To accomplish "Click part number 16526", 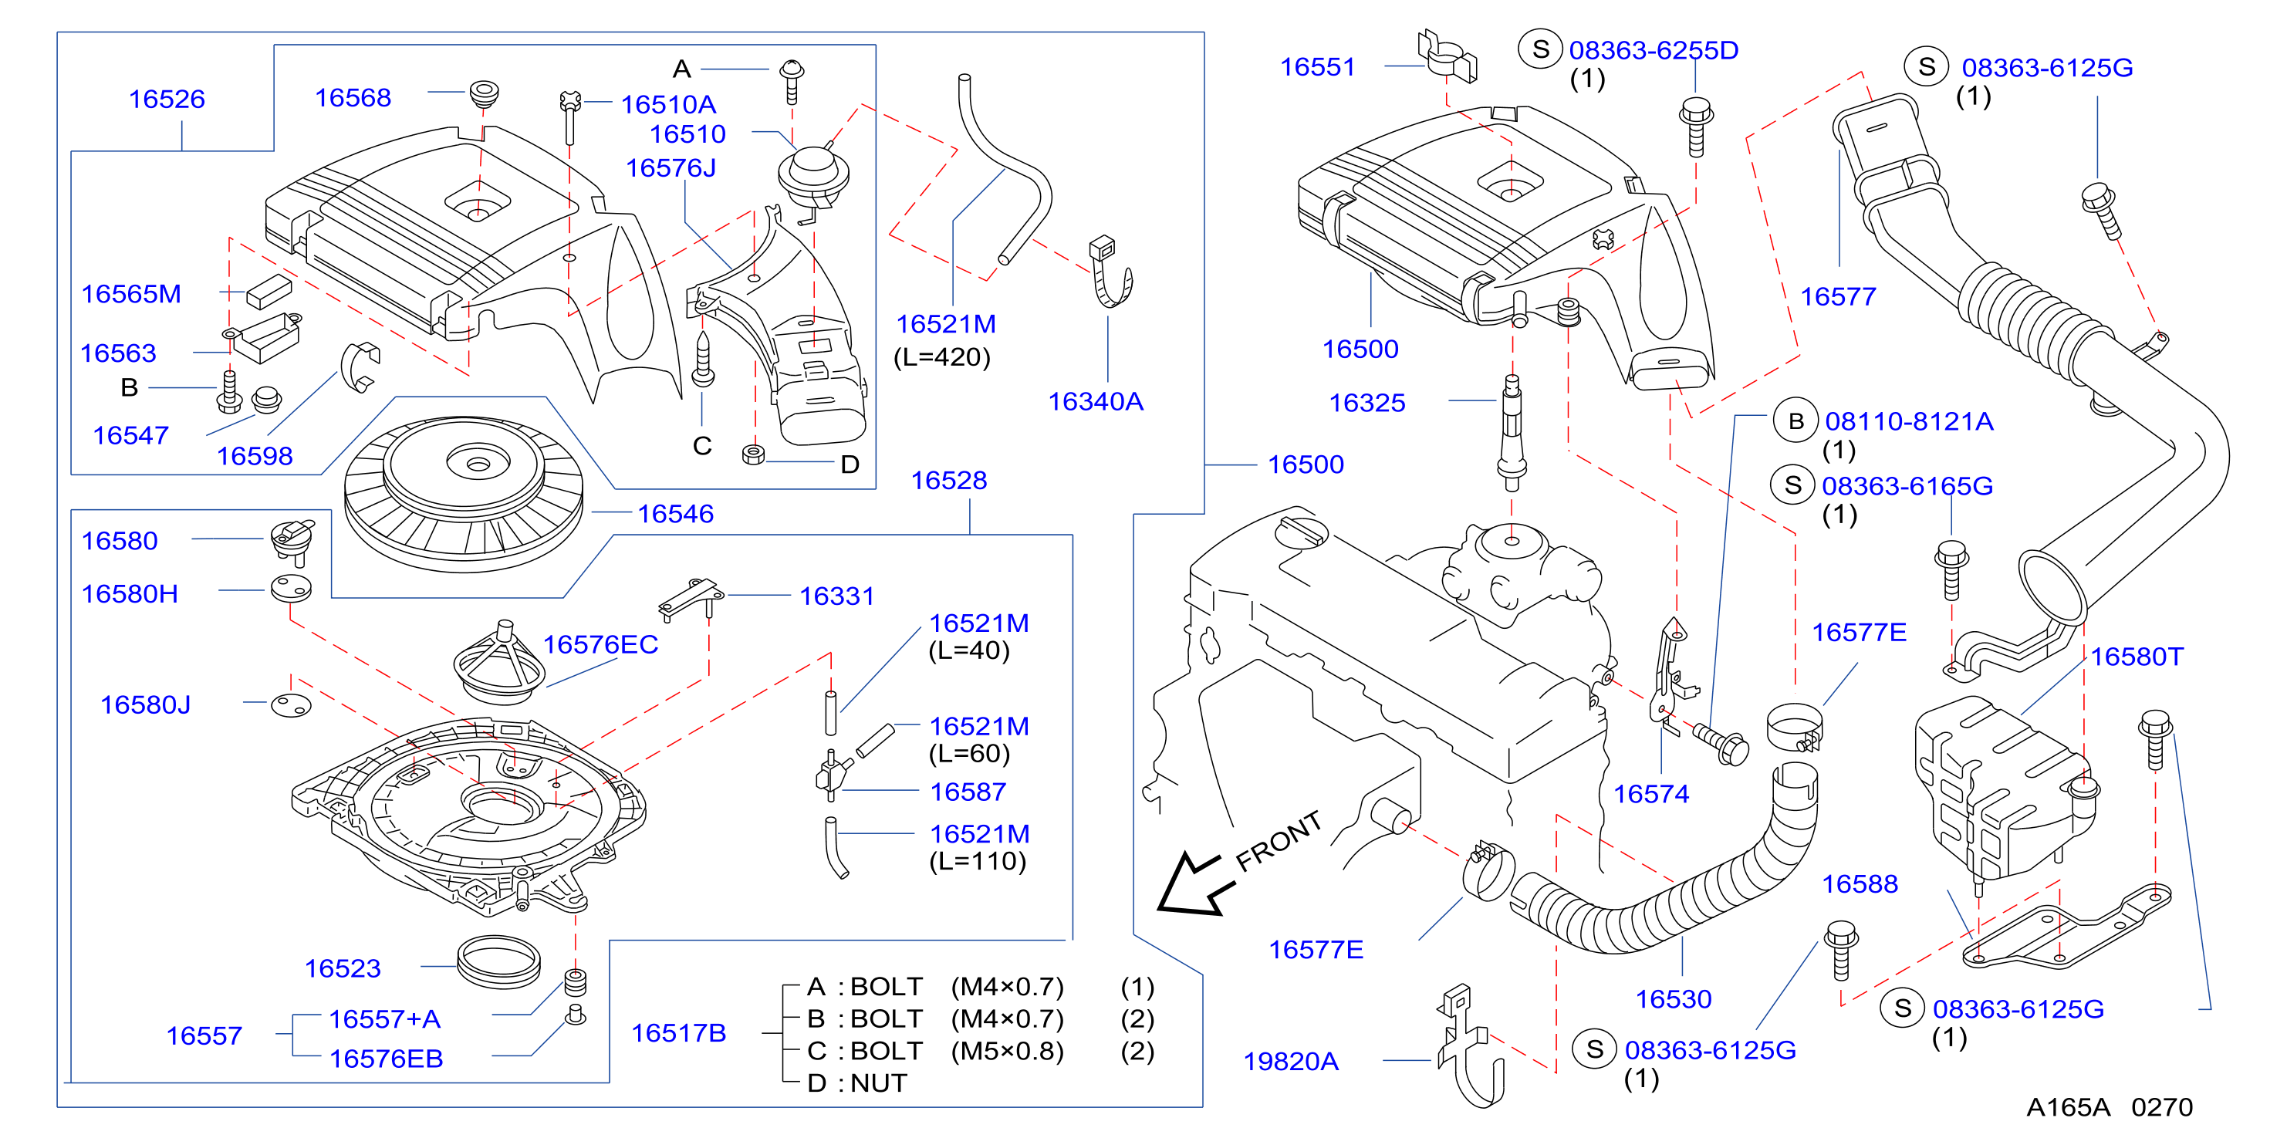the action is coord(167,99).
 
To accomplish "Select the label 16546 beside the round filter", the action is coord(676,513).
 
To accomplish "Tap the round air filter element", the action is coord(464,494).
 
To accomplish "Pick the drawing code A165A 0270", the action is coord(2110,1107).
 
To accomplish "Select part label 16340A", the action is coord(1096,401).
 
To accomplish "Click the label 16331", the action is coord(837,596).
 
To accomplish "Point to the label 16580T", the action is coord(2136,656).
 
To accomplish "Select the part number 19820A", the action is coord(1291,1061).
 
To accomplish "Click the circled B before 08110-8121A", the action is coord(1795,420).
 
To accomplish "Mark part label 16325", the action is coord(1367,402).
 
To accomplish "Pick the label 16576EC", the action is coord(600,643).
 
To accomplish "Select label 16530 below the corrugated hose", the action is coord(1674,998).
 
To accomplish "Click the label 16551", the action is coord(1318,66).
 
